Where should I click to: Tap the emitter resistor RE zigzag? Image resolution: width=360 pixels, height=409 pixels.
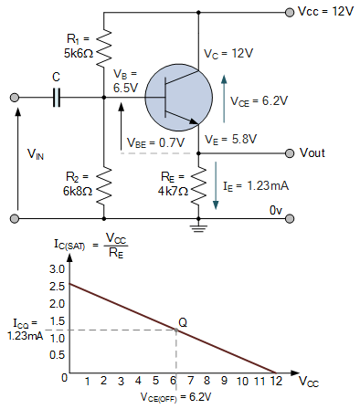(x=197, y=187)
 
